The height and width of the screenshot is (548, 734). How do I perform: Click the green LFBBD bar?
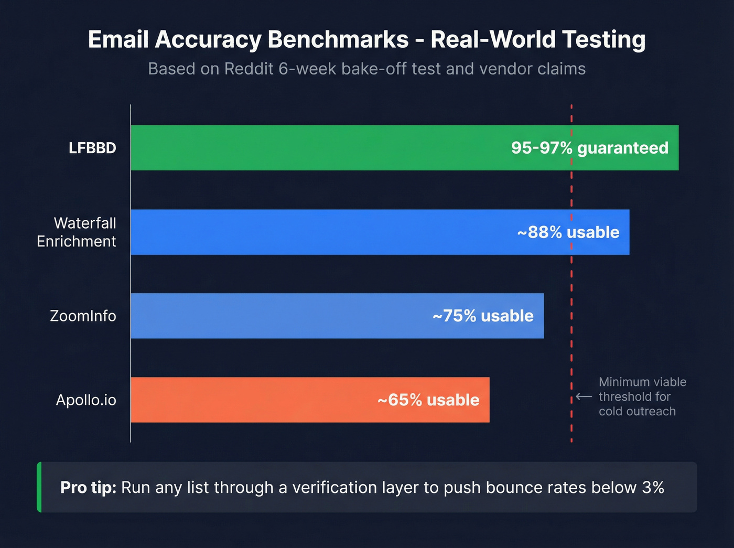pos(315,148)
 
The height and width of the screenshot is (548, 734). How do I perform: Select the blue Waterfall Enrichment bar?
pos(315,232)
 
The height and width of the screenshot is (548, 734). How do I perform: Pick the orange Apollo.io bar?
pos(252,400)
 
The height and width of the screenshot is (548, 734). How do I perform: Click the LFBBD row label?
pos(92,148)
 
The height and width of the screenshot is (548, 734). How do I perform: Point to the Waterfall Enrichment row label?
pos(77,232)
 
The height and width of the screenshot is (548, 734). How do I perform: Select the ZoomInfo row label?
pos(83,316)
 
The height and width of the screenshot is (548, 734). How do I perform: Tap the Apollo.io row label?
pos(86,400)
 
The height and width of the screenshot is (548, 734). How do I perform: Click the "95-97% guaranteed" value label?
pos(590,148)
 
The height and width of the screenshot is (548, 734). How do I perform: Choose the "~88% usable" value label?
pos(568,232)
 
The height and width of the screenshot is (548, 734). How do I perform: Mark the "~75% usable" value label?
pos(483,316)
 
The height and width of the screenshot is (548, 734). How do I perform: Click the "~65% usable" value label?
pos(428,400)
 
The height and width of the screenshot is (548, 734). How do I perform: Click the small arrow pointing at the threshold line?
pos(584,396)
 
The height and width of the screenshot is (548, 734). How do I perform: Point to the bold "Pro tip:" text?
pos(88,488)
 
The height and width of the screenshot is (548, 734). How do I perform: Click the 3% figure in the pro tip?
pos(653,488)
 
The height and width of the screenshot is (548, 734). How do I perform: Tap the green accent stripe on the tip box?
pos(39,487)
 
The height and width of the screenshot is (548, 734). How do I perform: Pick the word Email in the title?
pos(118,40)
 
